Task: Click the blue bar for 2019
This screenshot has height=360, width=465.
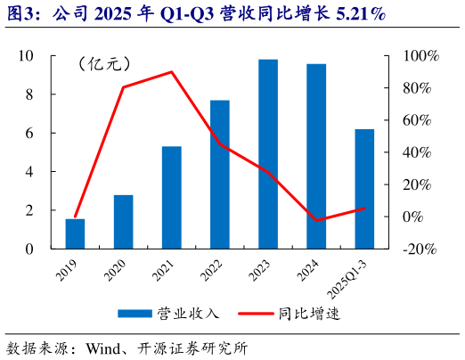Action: coord(75,233)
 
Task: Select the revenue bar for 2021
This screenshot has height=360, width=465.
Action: coord(172,197)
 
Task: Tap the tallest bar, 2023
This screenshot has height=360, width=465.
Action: coord(268,153)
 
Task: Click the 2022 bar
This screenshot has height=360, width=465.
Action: coord(220,174)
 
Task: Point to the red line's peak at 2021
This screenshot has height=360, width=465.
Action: coord(172,72)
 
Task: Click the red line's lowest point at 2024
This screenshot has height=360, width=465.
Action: coord(316,220)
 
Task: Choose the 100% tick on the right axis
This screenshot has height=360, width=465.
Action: coord(422,55)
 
